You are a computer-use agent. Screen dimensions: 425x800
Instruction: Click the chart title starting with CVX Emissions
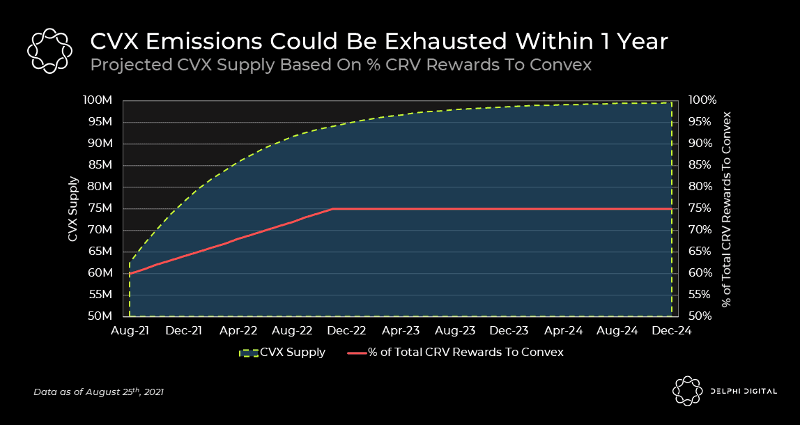(x=379, y=42)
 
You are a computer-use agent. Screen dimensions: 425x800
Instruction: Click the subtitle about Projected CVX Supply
(x=341, y=65)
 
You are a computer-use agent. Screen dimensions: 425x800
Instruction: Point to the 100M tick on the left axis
(x=98, y=100)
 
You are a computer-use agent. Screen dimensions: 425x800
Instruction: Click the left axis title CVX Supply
(x=72, y=208)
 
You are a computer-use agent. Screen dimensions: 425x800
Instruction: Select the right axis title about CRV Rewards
(x=726, y=208)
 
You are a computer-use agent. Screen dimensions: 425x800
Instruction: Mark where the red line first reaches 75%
(x=333, y=208)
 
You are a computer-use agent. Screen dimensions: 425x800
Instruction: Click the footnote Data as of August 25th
(x=98, y=392)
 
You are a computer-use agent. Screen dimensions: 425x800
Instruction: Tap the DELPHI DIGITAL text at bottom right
(x=744, y=392)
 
